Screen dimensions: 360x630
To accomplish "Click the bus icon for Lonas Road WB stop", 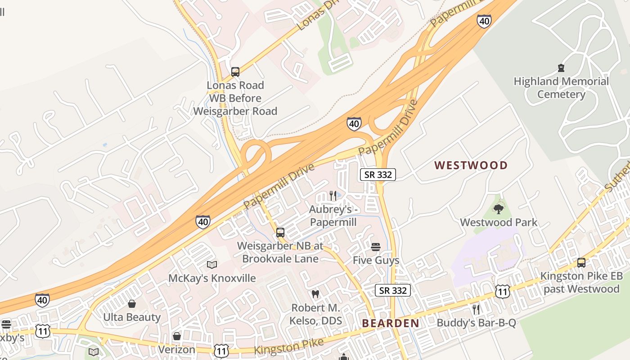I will [x=235, y=72].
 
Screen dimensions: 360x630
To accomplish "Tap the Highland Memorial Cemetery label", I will [x=561, y=88].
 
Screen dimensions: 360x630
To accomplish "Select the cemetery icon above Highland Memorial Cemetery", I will [x=561, y=68].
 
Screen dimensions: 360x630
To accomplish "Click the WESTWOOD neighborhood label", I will [x=471, y=165].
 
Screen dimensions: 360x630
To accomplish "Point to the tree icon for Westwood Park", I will [x=498, y=209].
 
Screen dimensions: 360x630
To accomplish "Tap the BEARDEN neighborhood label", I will [x=391, y=323].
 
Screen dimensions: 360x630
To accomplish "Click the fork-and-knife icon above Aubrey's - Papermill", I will [x=333, y=195].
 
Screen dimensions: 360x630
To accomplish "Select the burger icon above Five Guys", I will [x=376, y=247].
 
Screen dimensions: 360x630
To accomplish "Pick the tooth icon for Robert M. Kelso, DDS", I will [x=315, y=294].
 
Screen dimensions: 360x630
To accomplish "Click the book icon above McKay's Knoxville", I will [x=212, y=265].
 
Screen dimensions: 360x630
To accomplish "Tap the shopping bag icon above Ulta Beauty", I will [x=132, y=304].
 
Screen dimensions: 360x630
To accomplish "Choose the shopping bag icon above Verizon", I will [x=177, y=336].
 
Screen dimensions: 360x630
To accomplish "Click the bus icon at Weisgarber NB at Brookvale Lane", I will [x=280, y=233].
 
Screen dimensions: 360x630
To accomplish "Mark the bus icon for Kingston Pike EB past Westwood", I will [x=581, y=262].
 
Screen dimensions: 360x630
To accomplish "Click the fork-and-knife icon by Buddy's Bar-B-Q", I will [x=476, y=309].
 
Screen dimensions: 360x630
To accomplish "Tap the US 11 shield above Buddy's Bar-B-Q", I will [x=502, y=291].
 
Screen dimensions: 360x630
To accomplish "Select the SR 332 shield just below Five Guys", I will [x=393, y=291].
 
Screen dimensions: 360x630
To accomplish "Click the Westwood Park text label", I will [x=499, y=222].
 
